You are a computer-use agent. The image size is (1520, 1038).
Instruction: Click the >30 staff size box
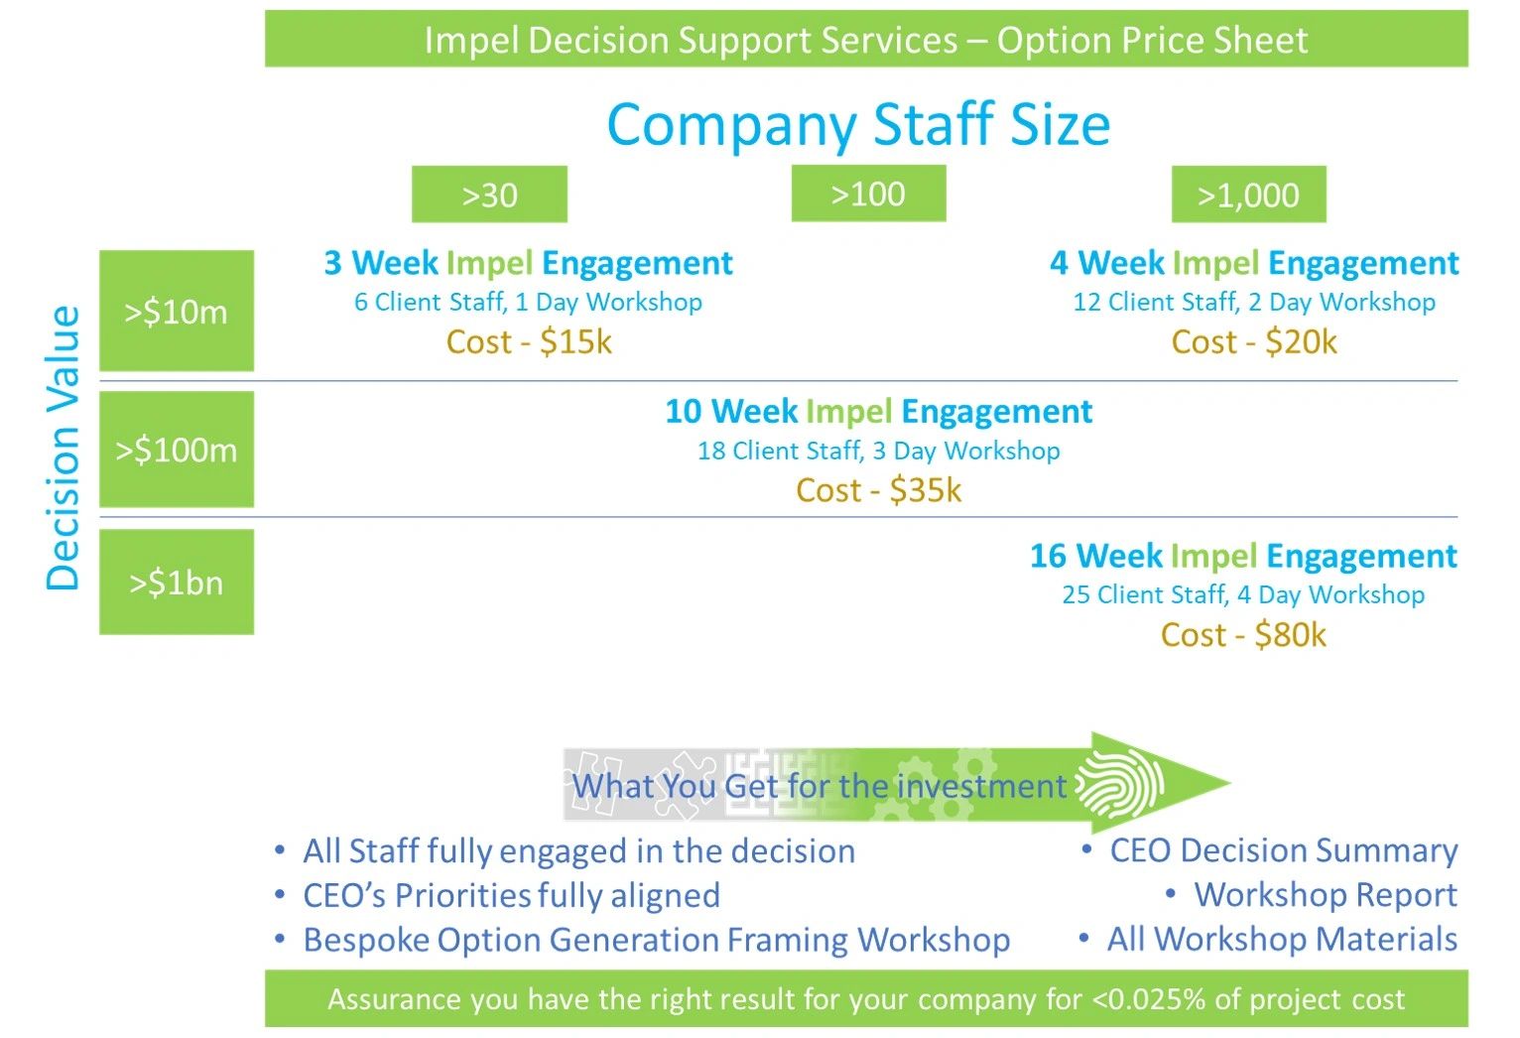click(x=489, y=195)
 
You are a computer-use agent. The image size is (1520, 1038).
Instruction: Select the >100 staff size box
click(x=868, y=194)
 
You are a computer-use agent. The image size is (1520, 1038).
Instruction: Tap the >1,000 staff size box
click(x=1248, y=195)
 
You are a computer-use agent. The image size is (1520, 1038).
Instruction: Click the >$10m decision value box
click(x=177, y=311)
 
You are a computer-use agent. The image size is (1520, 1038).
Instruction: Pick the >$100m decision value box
click(x=177, y=450)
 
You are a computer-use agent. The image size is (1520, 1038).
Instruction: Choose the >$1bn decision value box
click(x=177, y=582)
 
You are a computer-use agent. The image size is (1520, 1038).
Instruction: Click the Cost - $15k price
click(x=529, y=341)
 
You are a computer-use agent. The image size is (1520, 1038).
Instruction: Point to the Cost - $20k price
click(x=1254, y=341)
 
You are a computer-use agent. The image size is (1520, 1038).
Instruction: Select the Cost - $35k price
click(x=878, y=489)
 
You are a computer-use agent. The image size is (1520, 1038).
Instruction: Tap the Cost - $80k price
click(x=1243, y=635)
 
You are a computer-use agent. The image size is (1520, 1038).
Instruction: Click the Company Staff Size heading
click(x=858, y=125)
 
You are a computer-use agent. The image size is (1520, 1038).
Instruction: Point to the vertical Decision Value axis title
click(x=63, y=450)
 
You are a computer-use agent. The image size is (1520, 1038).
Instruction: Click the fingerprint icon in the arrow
click(x=1119, y=784)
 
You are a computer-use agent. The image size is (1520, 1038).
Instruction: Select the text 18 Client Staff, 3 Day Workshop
click(x=879, y=451)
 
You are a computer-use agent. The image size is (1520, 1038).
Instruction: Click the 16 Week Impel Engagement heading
click(x=1243, y=556)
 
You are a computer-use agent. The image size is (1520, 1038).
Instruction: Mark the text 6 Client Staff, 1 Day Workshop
click(x=528, y=302)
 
